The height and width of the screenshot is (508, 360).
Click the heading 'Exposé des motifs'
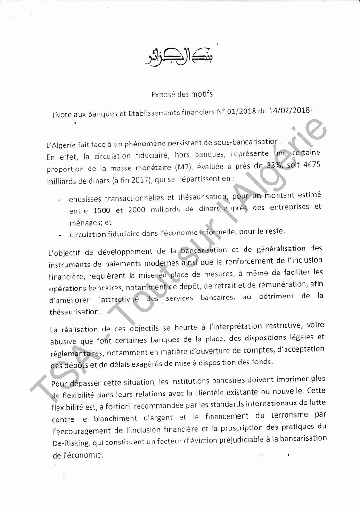point(182,94)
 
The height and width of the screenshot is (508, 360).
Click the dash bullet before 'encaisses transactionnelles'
point(59,200)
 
